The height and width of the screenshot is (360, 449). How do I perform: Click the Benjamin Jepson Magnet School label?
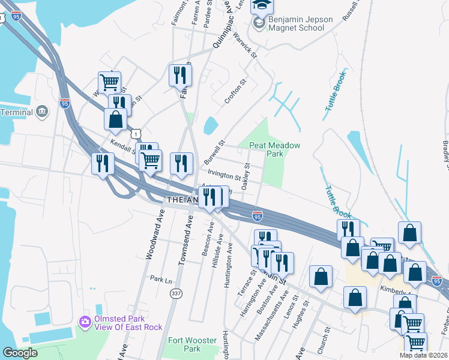pos(300,23)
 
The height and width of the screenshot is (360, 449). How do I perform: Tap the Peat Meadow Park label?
pos(274,149)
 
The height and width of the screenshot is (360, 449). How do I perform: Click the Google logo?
pos(20,353)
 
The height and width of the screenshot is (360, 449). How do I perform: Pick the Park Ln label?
pos(161,280)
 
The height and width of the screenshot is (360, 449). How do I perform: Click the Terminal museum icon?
pos(42,112)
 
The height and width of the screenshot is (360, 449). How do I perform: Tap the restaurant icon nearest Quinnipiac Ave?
pos(180,76)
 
